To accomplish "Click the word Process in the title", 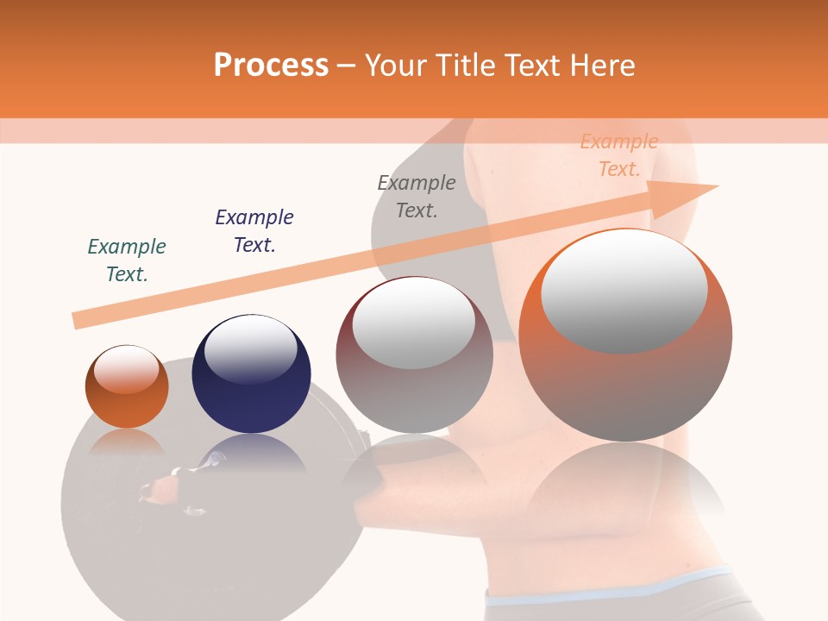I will (x=271, y=66).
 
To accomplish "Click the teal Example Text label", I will (x=127, y=260).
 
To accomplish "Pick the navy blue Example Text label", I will (x=254, y=231).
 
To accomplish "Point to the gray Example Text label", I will (x=417, y=197).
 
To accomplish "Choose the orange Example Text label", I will (x=619, y=155).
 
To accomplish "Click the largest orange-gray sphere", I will (x=625, y=379).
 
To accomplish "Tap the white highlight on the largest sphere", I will (x=624, y=291).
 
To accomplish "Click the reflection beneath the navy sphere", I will (x=251, y=453).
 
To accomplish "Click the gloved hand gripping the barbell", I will (x=164, y=487).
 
